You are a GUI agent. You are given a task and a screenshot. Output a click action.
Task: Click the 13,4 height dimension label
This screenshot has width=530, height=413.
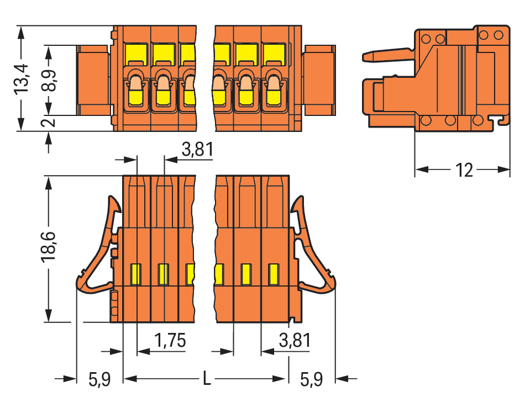(x=22, y=79)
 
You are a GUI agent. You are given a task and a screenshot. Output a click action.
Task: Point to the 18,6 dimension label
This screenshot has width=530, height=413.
(x=48, y=247)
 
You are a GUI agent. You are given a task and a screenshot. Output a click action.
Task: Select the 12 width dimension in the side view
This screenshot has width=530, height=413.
(x=464, y=170)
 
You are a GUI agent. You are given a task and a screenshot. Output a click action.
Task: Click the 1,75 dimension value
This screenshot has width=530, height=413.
(x=170, y=340)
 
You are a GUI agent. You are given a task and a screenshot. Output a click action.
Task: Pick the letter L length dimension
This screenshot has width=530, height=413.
(x=207, y=378)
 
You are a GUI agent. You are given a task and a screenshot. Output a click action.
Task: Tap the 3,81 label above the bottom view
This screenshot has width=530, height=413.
(x=197, y=149)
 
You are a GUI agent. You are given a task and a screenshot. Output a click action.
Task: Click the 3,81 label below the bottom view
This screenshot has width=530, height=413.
(x=295, y=340)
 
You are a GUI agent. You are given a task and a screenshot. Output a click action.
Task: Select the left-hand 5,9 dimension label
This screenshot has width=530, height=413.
(x=99, y=379)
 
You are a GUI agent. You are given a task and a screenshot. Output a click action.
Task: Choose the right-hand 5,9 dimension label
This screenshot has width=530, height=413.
(x=311, y=379)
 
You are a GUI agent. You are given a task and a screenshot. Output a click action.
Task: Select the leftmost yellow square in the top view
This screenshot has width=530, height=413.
(x=137, y=54)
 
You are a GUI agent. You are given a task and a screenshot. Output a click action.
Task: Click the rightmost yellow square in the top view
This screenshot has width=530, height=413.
(x=274, y=54)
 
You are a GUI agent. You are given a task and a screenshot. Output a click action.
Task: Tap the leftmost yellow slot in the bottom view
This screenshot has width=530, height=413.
(x=136, y=274)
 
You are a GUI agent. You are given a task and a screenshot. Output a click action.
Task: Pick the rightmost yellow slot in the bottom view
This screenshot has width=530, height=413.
(x=274, y=274)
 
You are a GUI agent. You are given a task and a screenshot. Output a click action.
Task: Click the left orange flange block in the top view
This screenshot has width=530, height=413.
(x=93, y=81)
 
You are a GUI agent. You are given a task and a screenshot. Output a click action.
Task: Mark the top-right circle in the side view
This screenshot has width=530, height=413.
(x=498, y=35)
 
